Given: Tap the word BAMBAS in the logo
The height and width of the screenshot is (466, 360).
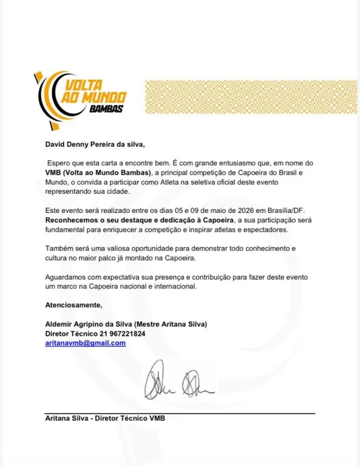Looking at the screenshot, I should tap(106, 109).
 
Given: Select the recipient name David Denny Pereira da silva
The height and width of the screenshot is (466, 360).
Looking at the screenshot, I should tap(95, 145).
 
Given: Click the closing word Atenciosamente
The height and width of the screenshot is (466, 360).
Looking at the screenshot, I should tap(73, 305).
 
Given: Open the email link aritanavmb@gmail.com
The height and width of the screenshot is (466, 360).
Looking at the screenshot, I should tap(85, 343).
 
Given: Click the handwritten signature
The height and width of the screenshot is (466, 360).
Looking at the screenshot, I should tap(178, 380).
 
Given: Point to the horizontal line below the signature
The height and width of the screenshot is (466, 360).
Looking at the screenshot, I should tap(180, 413).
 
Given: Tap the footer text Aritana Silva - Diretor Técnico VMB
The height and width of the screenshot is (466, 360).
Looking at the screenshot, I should tap(105, 418).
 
